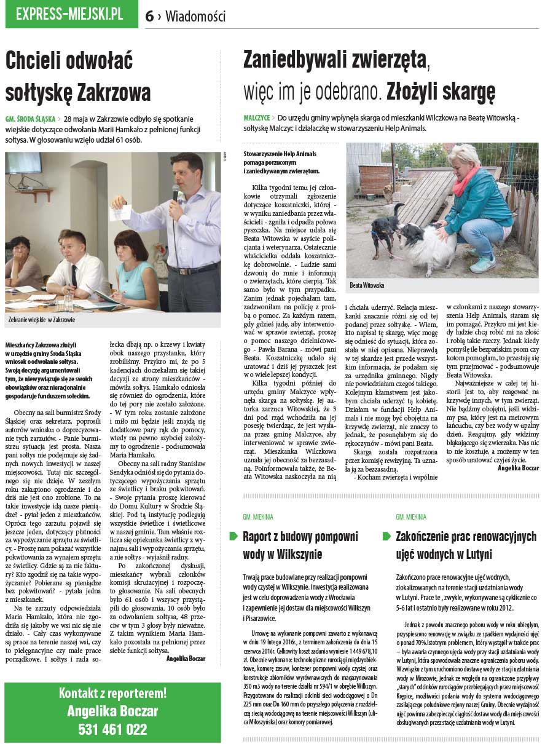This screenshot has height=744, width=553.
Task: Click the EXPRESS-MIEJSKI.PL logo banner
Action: coord(71,15)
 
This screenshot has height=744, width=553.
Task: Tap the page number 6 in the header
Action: coord(149,17)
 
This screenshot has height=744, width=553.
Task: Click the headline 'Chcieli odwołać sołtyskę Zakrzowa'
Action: coord(78,77)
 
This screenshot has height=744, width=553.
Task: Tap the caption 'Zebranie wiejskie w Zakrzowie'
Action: coord(42,320)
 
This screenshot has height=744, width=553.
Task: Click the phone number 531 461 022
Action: coord(112,729)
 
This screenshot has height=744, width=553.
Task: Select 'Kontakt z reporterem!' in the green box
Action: coord(112,693)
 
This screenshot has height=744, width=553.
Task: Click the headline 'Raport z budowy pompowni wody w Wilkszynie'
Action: coord(300,545)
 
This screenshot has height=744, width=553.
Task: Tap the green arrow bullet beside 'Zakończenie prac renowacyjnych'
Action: coord(386,536)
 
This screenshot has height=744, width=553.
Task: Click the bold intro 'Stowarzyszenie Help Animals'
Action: coord(280,154)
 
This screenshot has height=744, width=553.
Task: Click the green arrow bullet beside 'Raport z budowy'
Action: coord(233,536)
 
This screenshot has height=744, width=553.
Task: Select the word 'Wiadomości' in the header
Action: coord(195,17)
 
